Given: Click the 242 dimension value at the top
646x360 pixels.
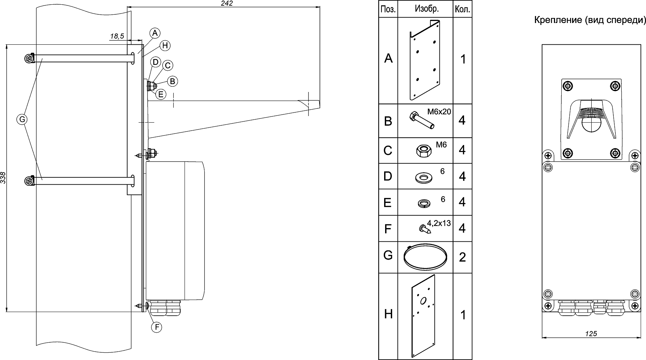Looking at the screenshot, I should click(227, 3).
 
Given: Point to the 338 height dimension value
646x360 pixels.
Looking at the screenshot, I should click(3, 178).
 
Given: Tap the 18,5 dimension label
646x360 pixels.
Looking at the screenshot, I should click(117, 36).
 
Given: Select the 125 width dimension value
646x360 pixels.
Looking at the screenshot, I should click(591, 333).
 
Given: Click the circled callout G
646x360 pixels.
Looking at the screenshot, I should click(22, 119).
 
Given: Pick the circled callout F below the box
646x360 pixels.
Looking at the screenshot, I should click(156, 327).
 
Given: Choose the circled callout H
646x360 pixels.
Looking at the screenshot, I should click(165, 45).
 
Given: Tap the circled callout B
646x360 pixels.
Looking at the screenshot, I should click(172, 81).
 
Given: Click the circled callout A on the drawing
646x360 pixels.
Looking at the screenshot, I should click(155, 33).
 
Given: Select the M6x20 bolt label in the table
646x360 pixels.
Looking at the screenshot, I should click(439, 112).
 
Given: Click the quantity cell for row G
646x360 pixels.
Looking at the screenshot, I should click(462, 257).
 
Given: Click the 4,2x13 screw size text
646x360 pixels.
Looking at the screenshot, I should click(439, 223).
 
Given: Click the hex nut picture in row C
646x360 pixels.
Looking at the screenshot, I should click(423, 151).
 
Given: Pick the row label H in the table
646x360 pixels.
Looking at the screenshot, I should click(388, 314).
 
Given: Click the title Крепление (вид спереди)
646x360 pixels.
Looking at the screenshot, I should click(590, 20).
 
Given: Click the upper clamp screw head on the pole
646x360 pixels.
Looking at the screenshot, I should click(29, 59).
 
